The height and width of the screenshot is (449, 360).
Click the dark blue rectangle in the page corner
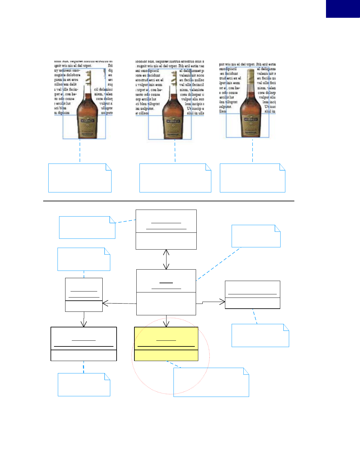343,9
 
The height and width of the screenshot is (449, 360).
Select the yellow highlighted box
166,344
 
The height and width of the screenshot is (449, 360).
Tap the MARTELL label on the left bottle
87,121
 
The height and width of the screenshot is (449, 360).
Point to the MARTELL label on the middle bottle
173,121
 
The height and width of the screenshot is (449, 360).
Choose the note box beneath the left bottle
80,178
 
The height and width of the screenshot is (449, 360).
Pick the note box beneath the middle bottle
175,178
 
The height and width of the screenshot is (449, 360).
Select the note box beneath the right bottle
252,178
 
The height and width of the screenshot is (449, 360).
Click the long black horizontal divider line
169,201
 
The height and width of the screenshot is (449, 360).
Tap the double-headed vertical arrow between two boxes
166,259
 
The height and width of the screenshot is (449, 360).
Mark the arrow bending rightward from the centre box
210,302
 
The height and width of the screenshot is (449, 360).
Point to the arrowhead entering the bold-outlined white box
84,324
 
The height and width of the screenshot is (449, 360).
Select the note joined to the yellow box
211,382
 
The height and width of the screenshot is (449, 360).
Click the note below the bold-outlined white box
84,385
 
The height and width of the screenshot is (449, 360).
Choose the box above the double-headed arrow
166,229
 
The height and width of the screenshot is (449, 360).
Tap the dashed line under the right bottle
253,151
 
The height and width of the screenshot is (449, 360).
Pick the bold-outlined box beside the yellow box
84,344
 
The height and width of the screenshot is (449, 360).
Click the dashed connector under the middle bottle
175,151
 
